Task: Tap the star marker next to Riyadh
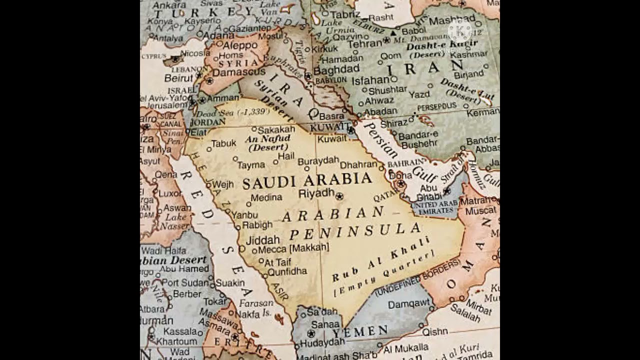click(340, 196)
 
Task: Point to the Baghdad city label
click(336, 69)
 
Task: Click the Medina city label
click(266, 197)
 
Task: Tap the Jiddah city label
click(262, 239)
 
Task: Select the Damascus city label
click(239, 72)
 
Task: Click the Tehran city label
click(364, 43)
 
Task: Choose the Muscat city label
click(480, 211)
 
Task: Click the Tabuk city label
click(223, 143)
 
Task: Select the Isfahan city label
click(370, 80)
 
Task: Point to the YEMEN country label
click(360, 331)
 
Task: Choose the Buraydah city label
click(318, 161)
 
